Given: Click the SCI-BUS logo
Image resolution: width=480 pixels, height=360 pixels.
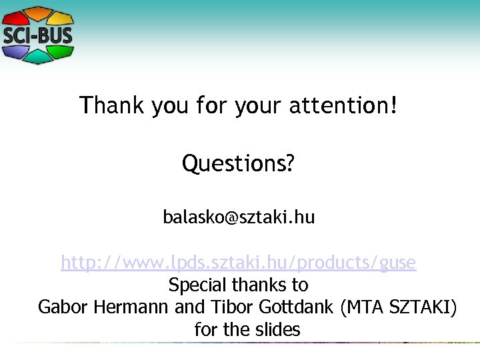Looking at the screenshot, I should [x=37, y=35].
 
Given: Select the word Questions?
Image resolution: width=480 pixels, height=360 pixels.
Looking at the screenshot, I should [x=238, y=163].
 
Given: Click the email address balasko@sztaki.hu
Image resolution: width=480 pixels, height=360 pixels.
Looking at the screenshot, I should [x=239, y=217].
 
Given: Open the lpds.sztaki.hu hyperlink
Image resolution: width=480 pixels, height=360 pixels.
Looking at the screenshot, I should [x=239, y=263].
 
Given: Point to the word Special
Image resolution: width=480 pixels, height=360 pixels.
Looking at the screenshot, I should [x=197, y=285].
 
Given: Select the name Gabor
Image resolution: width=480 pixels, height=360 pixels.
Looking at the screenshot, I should [x=63, y=307].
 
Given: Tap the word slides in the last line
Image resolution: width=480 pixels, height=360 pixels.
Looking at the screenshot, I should [x=279, y=329].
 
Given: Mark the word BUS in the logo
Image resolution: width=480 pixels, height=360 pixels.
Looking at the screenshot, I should [x=55, y=35].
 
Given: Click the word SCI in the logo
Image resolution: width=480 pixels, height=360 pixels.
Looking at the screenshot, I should [x=19, y=35].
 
